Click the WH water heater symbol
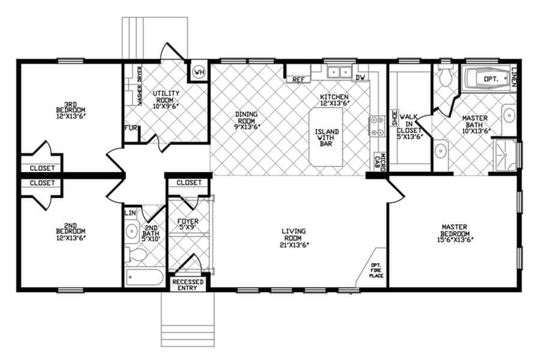(x=198, y=72)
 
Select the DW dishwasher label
(x=360, y=78)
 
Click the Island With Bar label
(x=326, y=137)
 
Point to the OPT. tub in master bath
(x=489, y=78)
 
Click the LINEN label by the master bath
(x=515, y=77)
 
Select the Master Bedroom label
(x=453, y=232)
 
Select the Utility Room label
(x=166, y=98)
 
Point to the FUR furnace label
(x=131, y=127)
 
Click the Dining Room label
(x=246, y=119)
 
